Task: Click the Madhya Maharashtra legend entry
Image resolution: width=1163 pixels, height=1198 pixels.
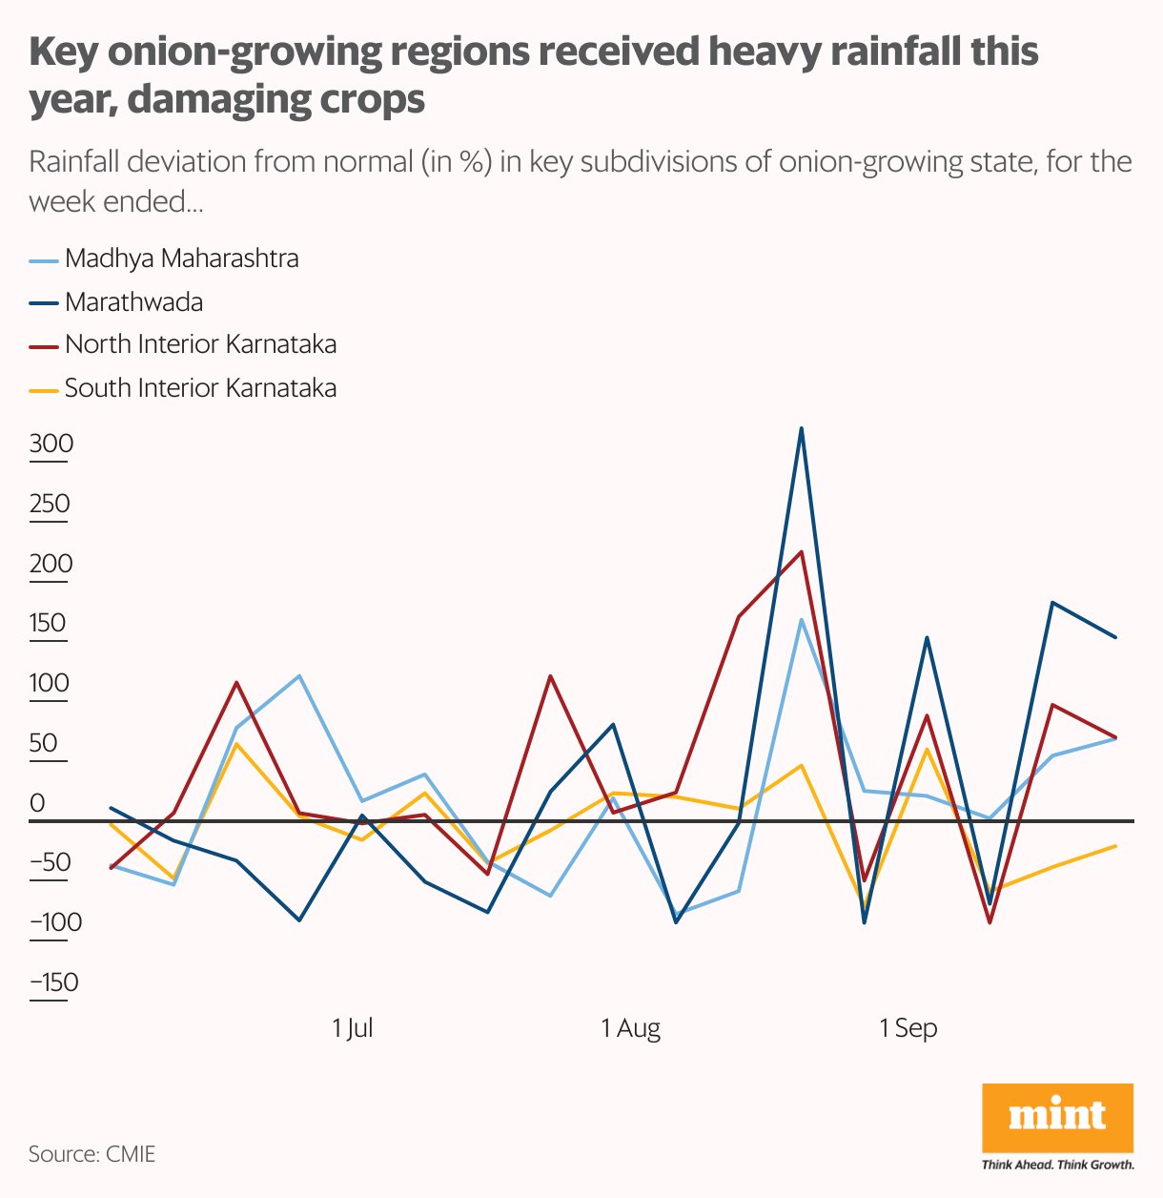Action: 181,258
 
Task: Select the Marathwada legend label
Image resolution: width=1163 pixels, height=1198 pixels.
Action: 133,302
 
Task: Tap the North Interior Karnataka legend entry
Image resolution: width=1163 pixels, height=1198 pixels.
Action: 200,344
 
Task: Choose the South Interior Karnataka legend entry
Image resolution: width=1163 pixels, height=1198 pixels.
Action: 200,388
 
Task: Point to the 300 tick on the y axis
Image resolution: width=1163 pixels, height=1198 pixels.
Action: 51,444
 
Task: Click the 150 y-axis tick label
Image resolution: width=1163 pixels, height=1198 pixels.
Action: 48,624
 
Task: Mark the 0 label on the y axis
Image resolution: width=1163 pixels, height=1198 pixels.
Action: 38,803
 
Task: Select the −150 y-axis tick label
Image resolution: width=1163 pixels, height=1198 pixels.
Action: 53,982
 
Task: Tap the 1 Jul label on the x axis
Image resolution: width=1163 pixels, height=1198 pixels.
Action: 353,1028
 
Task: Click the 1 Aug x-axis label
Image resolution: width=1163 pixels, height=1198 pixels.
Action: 631,1028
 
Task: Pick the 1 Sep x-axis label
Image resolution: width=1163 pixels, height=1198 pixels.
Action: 908,1028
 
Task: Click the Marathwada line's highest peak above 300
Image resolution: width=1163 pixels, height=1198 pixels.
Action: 802,428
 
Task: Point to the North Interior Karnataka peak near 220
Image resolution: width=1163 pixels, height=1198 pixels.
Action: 802,551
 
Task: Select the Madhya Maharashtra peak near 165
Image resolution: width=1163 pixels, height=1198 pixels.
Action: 802,620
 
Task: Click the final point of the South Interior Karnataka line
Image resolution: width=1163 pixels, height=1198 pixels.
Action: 1115,846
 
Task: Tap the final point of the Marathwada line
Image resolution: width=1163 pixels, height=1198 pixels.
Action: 1115,637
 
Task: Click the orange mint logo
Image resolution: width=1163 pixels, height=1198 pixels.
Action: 1057,1118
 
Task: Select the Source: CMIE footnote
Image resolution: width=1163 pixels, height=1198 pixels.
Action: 92,1154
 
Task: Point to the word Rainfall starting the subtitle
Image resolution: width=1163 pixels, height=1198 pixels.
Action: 83,161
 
